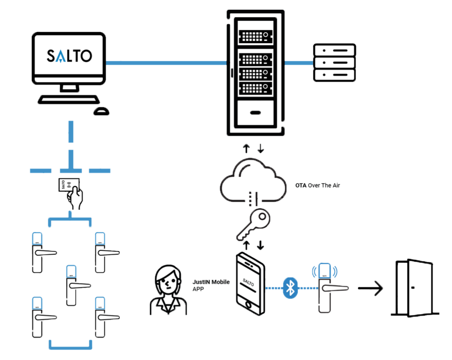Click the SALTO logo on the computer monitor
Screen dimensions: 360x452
pyautogui.click(x=69, y=56)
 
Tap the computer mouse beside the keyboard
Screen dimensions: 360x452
pyautogui.click(x=101, y=111)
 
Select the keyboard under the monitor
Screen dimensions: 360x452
pyautogui.click(x=68, y=100)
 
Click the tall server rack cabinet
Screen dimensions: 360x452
pyautogui.click(x=255, y=73)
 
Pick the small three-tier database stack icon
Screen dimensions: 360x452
pyautogui.click(x=334, y=62)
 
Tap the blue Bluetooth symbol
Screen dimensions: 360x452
pyautogui.click(x=290, y=288)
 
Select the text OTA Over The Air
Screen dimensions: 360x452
pyautogui.click(x=317, y=186)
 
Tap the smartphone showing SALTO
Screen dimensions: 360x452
pyautogui.click(x=250, y=284)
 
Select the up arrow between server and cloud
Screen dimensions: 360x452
pyautogui.click(x=246, y=149)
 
